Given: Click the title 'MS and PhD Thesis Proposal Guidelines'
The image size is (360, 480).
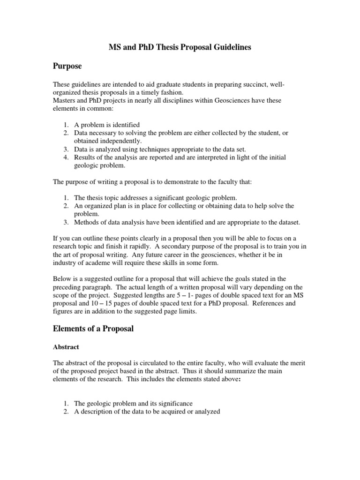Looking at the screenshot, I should click(180, 47).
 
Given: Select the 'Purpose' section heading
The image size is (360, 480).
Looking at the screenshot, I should click(67, 66).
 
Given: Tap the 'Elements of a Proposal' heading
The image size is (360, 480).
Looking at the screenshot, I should click(93, 329).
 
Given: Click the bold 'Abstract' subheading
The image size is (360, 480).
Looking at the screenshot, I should click(66, 347).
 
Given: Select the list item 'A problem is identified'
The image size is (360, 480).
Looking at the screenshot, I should click(107, 125).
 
